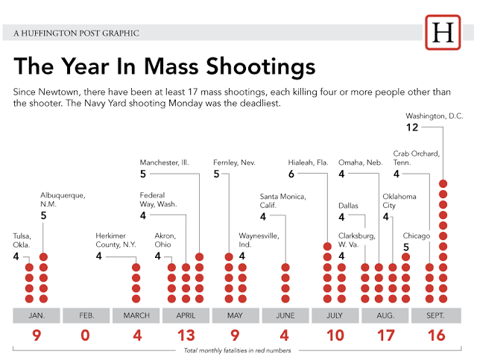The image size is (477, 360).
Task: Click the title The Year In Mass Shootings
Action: click(165, 67)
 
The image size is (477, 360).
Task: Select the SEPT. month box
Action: click(436, 315)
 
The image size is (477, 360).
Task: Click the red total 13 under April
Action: click(186, 335)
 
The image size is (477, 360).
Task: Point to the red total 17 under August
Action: click(386, 335)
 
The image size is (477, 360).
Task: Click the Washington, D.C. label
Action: click(435, 116)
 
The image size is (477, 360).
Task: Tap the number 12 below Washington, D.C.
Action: click(412, 127)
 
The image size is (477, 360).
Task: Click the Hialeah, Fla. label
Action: click(308, 162)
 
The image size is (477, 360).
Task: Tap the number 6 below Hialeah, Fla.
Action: click(292, 174)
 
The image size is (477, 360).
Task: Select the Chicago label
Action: click(417, 236)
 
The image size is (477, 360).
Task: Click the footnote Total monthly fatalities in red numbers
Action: click(237, 350)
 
